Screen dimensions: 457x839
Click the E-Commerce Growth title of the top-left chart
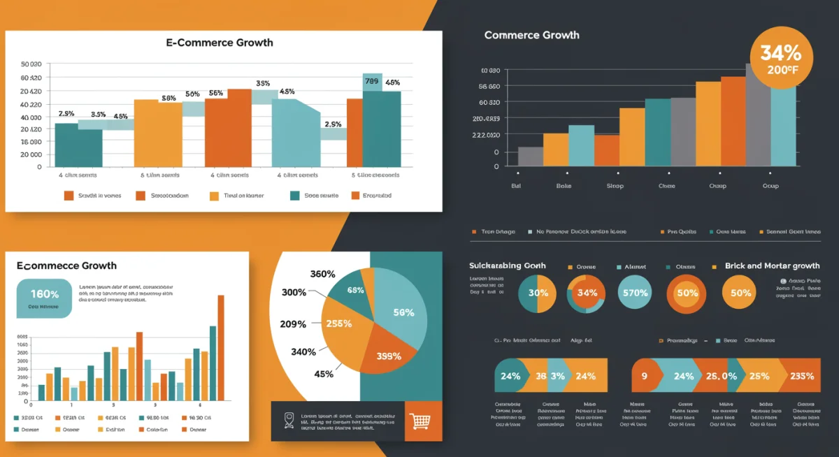pyautogui.click(x=220, y=43)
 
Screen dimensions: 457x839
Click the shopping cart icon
pyautogui.click(x=422, y=421)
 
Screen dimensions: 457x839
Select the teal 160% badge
pyautogui.click(x=44, y=298)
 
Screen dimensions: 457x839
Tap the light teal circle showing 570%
pyautogui.click(x=635, y=293)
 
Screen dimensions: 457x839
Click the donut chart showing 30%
pyautogui.click(x=537, y=293)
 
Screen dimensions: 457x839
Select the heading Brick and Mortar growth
pyautogui.click(x=772, y=266)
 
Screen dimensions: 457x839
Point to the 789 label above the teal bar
pyautogui.click(x=372, y=82)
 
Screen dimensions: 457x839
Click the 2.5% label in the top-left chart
pyautogui.click(x=333, y=124)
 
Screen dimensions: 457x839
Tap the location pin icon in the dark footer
pyautogui.click(x=289, y=420)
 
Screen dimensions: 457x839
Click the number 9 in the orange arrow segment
pyautogui.click(x=644, y=376)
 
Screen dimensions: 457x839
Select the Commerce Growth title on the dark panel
pyautogui.click(x=531, y=35)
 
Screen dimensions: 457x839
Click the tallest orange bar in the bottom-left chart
pyautogui.click(x=221, y=347)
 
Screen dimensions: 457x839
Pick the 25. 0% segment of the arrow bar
pyautogui.click(x=722, y=376)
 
